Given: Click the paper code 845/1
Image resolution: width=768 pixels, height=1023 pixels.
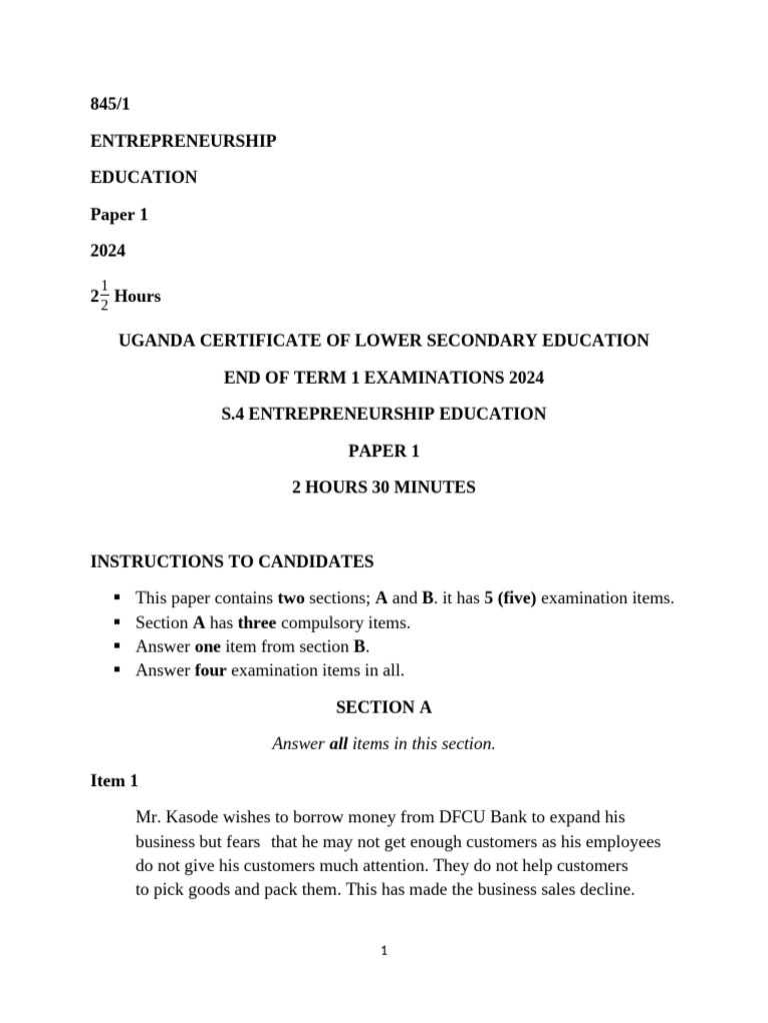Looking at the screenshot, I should click(x=110, y=104).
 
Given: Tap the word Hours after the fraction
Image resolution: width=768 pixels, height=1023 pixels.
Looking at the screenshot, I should click(x=138, y=297).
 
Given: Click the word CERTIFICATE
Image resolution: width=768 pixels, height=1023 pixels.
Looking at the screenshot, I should click(x=253, y=341).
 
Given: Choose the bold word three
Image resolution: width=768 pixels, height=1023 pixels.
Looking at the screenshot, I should click(x=257, y=622).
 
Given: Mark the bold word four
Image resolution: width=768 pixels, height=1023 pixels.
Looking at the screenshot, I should click(x=211, y=670).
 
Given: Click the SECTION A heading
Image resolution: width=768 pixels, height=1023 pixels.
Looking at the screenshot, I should click(x=384, y=707).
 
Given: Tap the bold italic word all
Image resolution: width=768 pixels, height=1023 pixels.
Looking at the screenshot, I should click(x=338, y=744).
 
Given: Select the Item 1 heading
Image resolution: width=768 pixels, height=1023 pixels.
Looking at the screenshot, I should click(x=114, y=781).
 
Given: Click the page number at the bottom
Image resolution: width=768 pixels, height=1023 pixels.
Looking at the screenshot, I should click(x=384, y=951).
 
